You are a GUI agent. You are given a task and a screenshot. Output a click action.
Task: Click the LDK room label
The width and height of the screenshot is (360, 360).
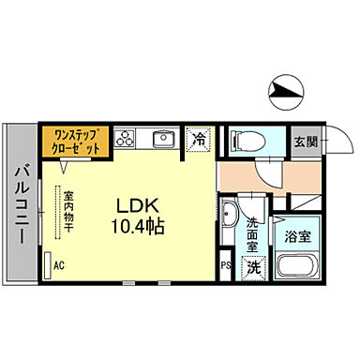[138, 204]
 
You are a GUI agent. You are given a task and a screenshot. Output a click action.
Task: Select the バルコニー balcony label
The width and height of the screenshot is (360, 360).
[20, 202]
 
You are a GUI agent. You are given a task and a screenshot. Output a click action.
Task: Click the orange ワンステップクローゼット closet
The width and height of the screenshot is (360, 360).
[77, 140]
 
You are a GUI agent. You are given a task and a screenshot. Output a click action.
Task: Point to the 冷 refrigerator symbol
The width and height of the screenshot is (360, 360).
[200, 139]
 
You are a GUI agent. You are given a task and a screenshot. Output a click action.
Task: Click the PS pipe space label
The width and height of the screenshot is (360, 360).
[225, 266]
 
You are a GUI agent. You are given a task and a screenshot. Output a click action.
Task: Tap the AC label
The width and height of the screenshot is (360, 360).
[59, 265]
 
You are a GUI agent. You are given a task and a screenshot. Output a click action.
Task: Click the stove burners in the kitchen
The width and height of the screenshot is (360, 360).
[127, 140]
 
